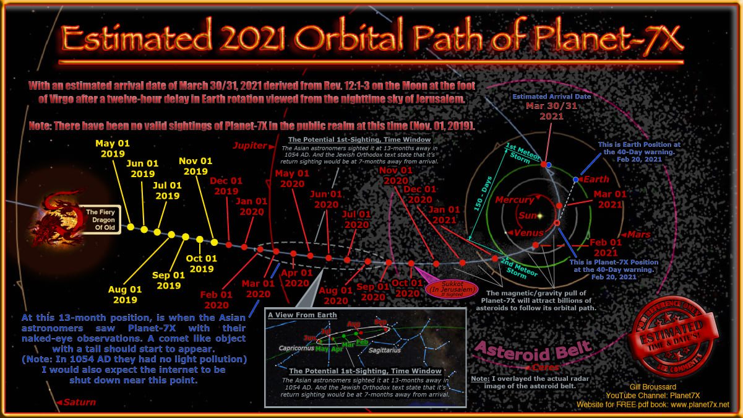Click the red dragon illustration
(59, 217)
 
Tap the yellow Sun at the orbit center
(538, 216)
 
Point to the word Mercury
(514, 200)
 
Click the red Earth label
(598, 180)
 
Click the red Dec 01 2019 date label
(226, 186)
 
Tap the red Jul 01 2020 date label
(357, 220)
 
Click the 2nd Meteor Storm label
(511, 264)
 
